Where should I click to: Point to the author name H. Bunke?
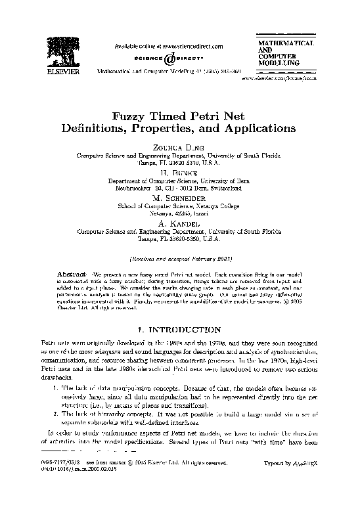pyautogui.click(x=179, y=171)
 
